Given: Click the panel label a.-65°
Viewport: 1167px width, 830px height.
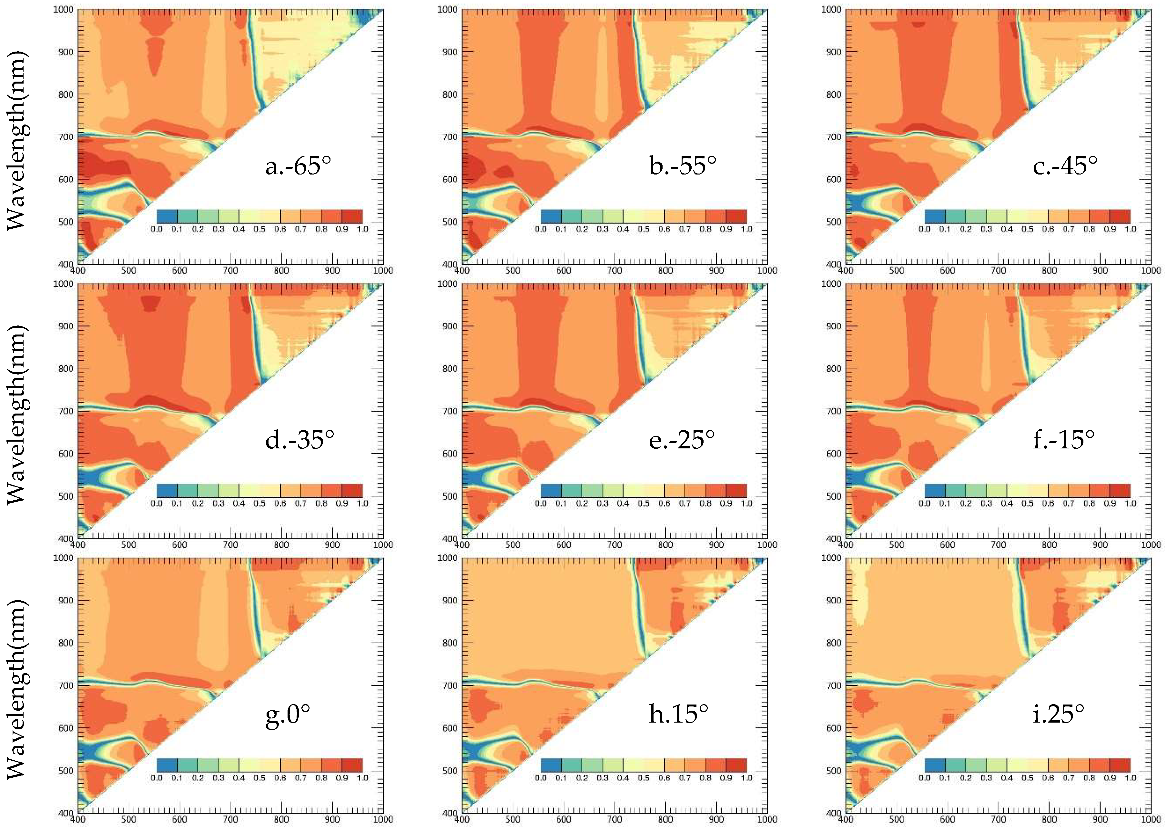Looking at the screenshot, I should click(x=298, y=165).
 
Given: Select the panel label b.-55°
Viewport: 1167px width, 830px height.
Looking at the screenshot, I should click(x=682, y=165).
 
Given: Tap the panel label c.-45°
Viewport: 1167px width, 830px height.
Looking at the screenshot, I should click(x=1065, y=165).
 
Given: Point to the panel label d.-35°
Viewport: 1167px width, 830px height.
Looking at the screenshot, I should click(x=299, y=440).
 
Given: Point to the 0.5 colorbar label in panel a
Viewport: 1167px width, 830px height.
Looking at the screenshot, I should click(x=260, y=229).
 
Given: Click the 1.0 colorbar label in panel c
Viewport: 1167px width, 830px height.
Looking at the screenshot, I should click(x=1130, y=229).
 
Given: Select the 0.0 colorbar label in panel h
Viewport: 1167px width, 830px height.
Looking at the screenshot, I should click(x=541, y=778).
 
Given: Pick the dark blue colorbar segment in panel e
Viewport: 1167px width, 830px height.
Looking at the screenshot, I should click(x=551, y=491).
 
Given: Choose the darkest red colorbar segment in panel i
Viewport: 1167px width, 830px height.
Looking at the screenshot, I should click(x=1120, y=765).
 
